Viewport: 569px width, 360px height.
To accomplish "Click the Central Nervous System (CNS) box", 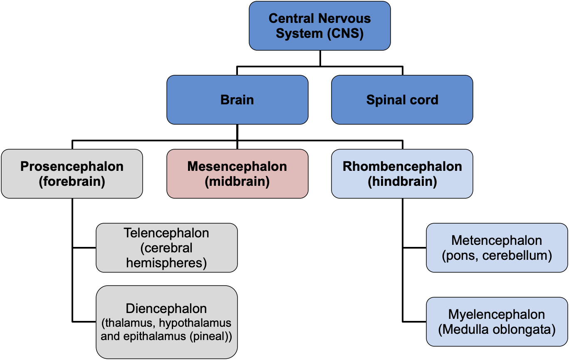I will coord(319,26).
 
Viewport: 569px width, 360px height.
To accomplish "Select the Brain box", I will coord(237,100).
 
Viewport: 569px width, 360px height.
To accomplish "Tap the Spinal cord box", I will coord(402,100).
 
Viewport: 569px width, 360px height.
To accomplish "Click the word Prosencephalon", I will coord(72,166).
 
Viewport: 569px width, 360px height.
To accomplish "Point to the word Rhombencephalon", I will coord(402,166).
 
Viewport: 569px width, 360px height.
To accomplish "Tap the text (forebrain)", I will coord(72,182).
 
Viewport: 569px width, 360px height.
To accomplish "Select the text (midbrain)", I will coord(237,182).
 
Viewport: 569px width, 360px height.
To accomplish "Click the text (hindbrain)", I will coord(402,182).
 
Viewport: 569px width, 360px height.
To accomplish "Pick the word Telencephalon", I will coord(166,233).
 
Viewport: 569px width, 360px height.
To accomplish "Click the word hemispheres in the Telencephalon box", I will coord(166,263).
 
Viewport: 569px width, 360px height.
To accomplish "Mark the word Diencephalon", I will coord(166,309).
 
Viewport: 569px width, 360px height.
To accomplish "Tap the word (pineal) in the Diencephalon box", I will coord(210,336).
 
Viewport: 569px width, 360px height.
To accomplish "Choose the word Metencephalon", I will coord(497,240).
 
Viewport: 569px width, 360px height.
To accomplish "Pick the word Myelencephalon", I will coord(497,314).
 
